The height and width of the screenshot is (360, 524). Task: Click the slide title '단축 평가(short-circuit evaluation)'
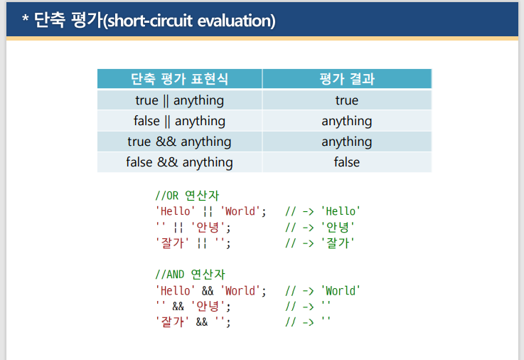click(x=148, y=21)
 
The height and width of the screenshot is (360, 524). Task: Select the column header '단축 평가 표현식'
click(x=179, y=78)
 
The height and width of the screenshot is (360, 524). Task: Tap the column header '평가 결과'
click(x=346, y=78)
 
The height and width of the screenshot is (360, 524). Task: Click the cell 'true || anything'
click(x=179, y=100)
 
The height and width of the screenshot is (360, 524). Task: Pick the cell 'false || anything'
click(x=179, y=121)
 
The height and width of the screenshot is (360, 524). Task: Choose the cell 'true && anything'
click(x=179, y=142)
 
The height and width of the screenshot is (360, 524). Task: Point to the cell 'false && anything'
click(x=179, y=162)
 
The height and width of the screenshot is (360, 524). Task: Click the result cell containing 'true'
click(x=346, y=100)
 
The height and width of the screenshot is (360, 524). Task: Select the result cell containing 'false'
click(x=346, y=162)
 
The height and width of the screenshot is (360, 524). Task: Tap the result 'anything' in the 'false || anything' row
click(x=346, y=121)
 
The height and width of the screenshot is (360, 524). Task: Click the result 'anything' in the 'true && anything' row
click(x=346, y=142)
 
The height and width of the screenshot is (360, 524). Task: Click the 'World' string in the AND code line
click(x=242, y=290)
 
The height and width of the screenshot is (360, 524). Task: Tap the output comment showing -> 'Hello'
click(x=323, y=211)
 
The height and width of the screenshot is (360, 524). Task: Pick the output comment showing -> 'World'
click(x=323, y=290)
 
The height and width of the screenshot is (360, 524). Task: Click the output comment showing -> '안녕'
click(x=320, y=227)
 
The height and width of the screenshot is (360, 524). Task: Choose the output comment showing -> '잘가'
click(x=320, y=243)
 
